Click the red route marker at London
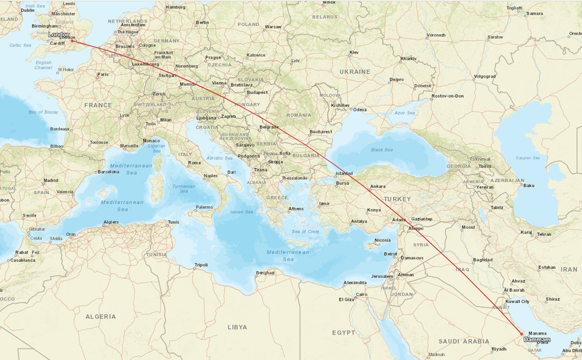(73, 41)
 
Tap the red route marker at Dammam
(521, 334)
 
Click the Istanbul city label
(344, 174)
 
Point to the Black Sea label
(382, 150)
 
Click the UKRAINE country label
(354, 72)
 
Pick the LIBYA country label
(237, 328)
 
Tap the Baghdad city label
(483, 260)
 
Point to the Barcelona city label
(108, 172)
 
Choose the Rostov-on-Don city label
(448, 95)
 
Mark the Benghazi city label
(265, 272)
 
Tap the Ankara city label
(377, 186)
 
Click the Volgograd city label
(485, 76)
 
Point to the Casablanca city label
(23, 260)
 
